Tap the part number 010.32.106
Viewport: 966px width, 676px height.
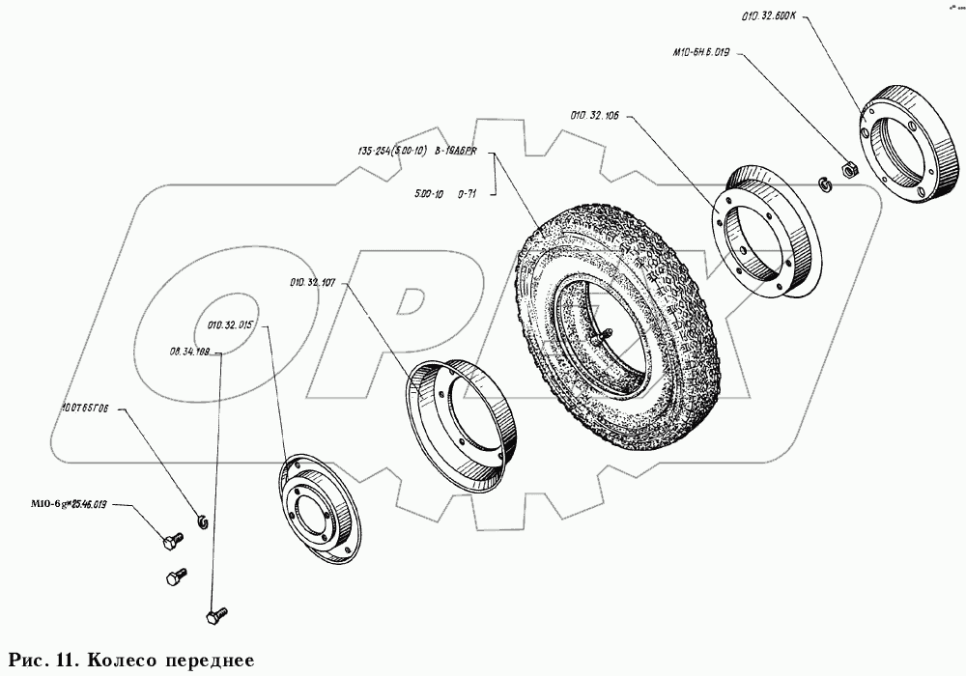594,116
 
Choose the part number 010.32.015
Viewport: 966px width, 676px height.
229,325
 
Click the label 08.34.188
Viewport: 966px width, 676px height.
189,352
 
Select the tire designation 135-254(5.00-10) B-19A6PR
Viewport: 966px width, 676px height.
424,152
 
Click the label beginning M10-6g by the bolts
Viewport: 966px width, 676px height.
71,504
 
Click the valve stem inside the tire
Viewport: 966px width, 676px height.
603,335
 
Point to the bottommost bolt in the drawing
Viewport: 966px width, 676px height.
216,613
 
